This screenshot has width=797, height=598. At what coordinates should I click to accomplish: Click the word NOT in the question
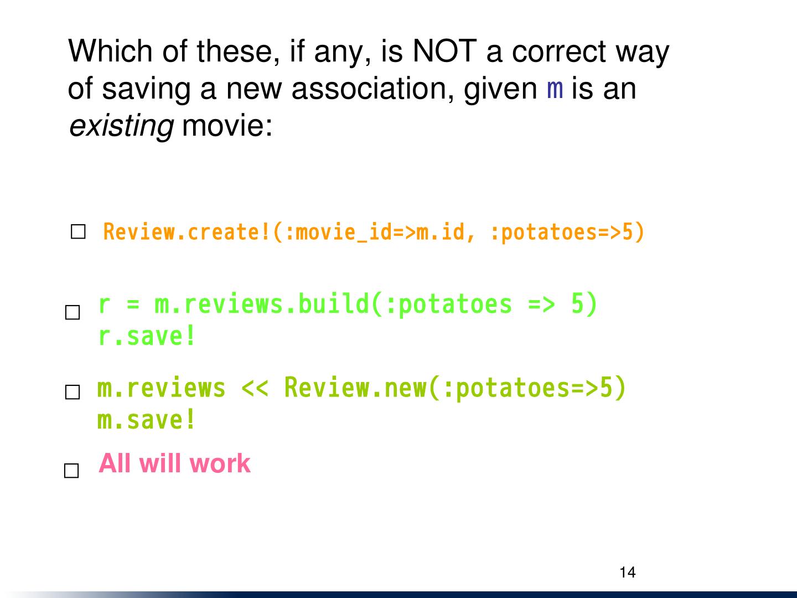tap(445, 51)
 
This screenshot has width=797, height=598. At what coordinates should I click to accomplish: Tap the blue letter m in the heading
tap(555, 90)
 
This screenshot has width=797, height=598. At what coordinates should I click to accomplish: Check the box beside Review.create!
tap(78, 231)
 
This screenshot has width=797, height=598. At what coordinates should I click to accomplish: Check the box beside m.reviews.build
tap(73, 312)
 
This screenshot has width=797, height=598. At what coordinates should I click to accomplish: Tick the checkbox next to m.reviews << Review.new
tap(73, 392)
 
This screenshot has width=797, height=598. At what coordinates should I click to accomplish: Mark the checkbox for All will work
tap(71, 471)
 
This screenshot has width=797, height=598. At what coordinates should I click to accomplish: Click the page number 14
tap(628, 572)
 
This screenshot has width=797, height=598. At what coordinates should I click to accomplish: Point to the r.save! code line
tap(147, 336)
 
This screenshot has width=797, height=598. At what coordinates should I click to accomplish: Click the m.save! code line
tap(146, 419)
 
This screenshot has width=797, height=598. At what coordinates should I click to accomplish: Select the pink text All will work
tap(175, 463)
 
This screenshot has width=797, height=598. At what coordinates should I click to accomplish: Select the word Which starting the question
tap(110, 51)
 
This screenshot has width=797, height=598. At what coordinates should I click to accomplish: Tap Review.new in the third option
tap(355, 388)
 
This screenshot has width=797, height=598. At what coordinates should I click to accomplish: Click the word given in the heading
tap(500, 90)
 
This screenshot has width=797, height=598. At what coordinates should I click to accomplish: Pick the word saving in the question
tap(146, 90)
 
